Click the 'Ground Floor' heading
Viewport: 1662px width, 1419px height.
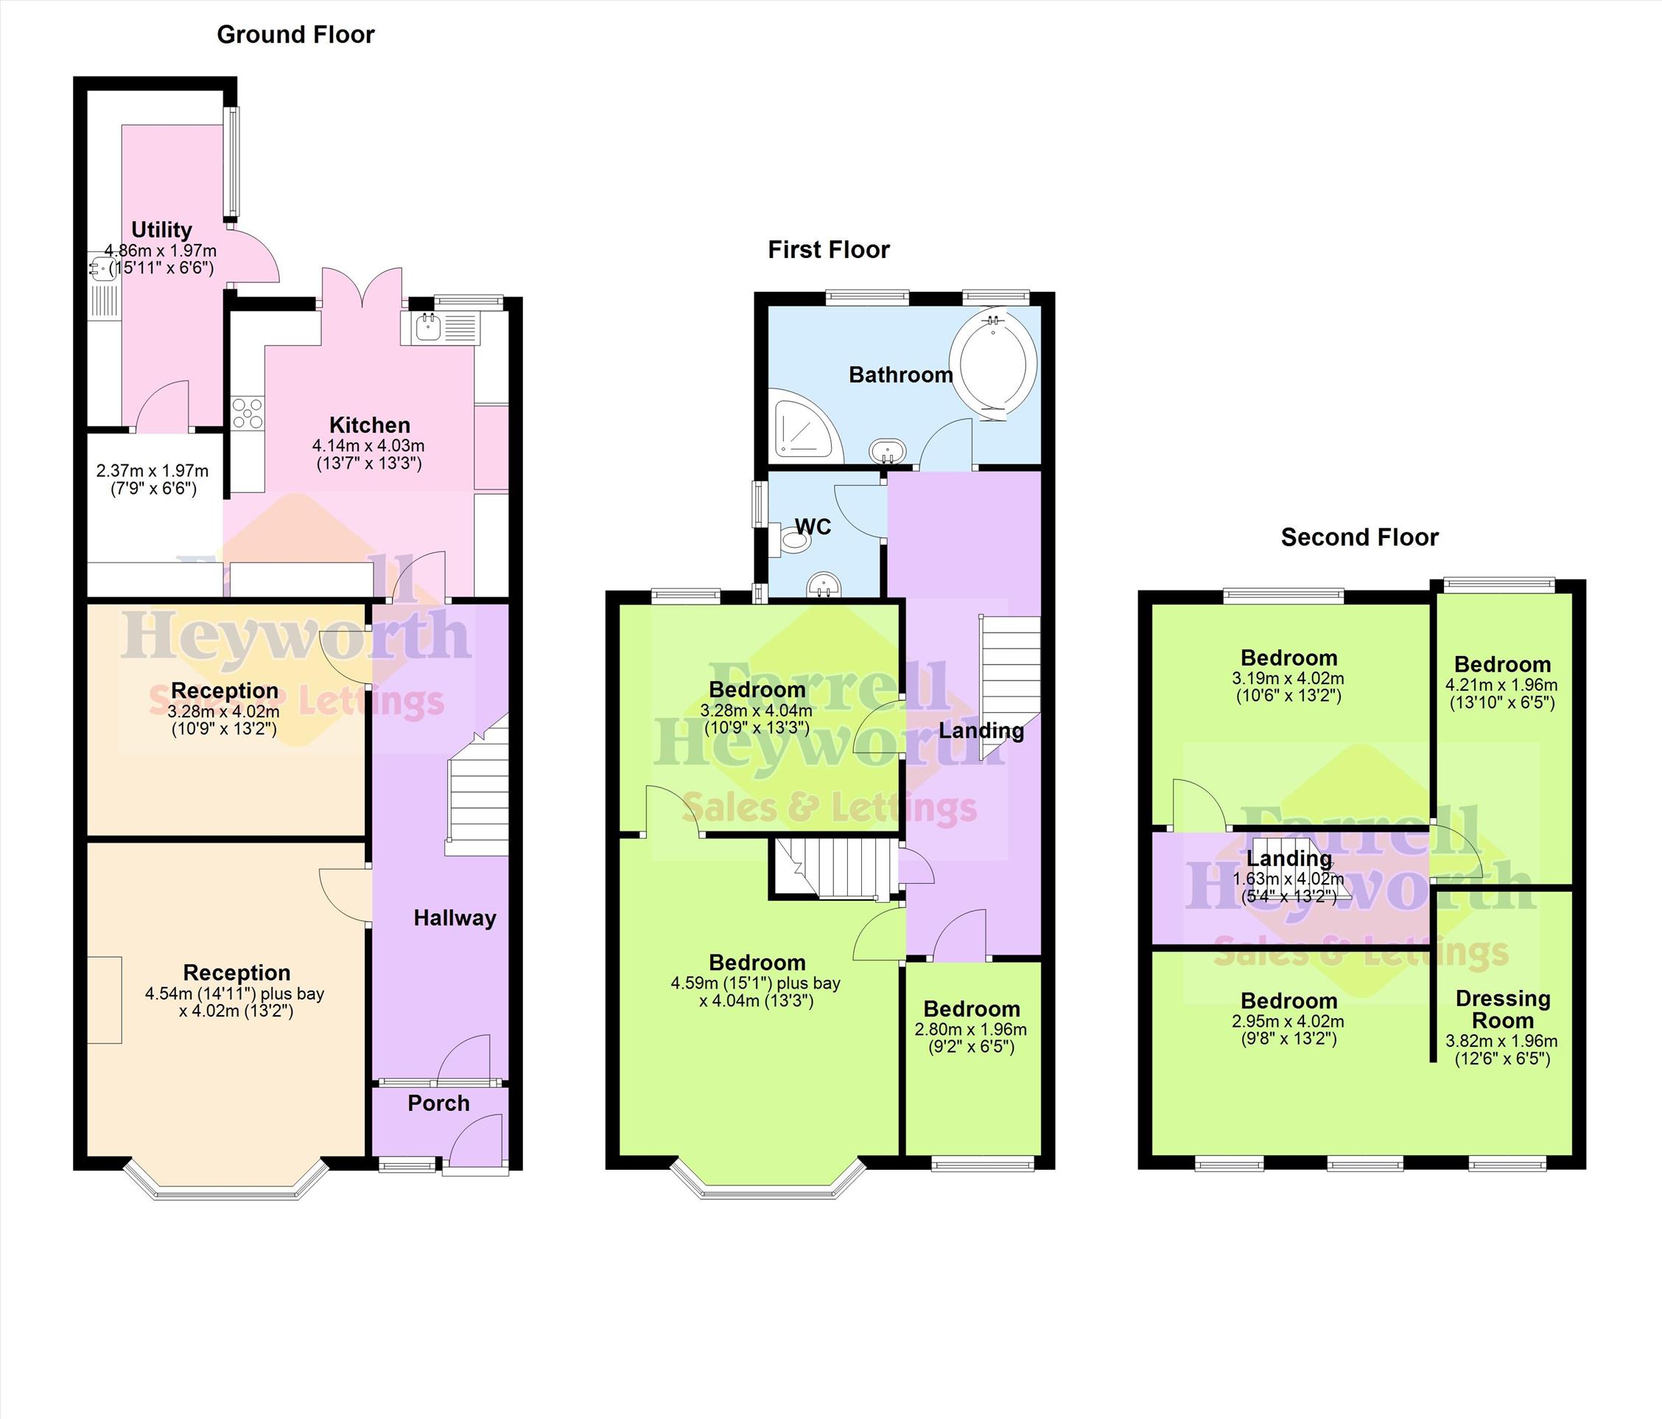[x=295, y=35]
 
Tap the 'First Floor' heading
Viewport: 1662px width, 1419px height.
[x=829, y=250]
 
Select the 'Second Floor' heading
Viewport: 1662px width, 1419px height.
[x=1360, y=537]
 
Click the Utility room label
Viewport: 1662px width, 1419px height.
[x=161, y=230]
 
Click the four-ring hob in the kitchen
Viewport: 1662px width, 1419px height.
[x=248, y=413]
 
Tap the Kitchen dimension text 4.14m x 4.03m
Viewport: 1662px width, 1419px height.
[x=368, y=445]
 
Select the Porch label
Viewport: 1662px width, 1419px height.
[x=439, y=1103]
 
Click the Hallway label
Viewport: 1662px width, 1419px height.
[x=455, y=918]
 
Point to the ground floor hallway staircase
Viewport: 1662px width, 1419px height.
[x=478, y=787]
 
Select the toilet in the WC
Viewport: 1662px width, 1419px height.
[x=789, y=540]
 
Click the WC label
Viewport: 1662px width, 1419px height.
[x=813, y=526]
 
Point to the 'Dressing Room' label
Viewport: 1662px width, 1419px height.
[x=1502, y=1010]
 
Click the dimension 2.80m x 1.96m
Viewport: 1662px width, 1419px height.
[x=970, y=1030]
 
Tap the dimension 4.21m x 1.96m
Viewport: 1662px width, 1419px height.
[x=1501, y=686]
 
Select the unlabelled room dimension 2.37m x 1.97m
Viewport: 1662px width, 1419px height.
[x=152, y=471]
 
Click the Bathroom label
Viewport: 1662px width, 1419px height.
[x=901, y=374]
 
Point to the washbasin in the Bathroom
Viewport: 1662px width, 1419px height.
[x=888, y=451]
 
